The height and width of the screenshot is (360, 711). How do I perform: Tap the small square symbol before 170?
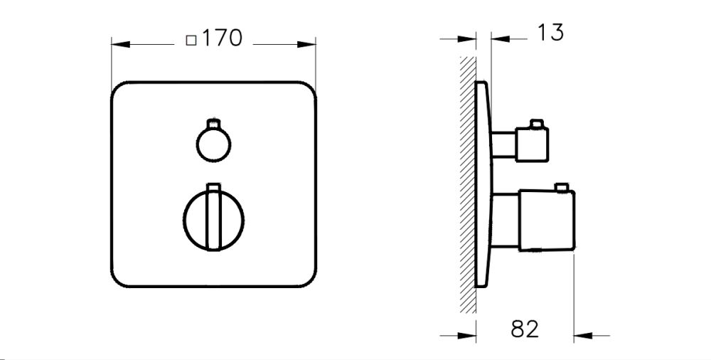[x=191, y=41]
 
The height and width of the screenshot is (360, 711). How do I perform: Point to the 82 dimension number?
[x=525, y=329]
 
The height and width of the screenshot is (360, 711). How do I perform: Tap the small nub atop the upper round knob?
[x=212, y=122]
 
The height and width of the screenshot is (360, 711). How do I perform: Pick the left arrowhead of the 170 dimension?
[x=118, y=44]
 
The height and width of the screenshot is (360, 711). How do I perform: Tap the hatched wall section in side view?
[x=467, y=185]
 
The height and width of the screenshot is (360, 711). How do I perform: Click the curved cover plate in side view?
[x=483, y=185]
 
